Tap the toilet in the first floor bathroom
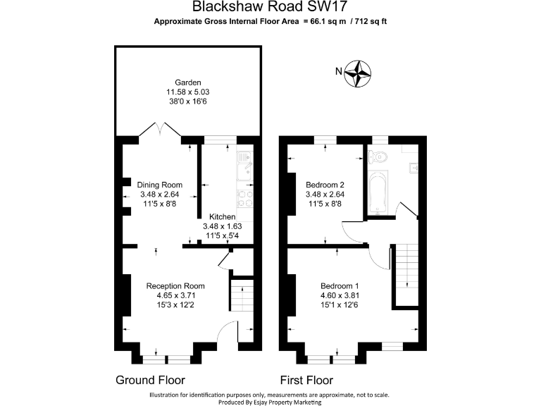379,156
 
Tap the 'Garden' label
188,82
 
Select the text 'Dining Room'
160,185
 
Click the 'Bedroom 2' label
325,185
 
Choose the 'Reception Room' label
175,286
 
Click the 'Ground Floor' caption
150,380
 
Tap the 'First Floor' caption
311,380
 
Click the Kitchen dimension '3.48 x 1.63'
222,226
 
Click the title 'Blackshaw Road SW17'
270,8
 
